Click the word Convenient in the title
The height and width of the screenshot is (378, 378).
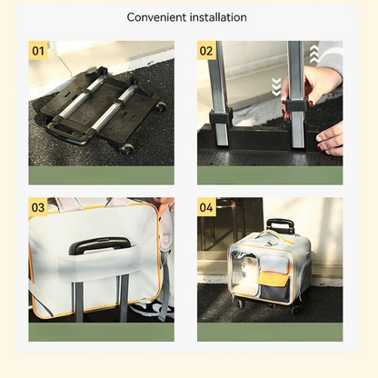pyautogui.click(x=157, y=17)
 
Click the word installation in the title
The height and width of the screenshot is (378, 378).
pyautogui.click(x=218, y=17)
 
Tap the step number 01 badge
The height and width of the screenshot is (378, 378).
pyautogui.click(x=38, y=51)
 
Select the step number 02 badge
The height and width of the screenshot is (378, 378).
pyautogui.click(x=206, y=51)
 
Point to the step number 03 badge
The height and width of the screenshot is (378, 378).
pyautogui.click(x=38, y=207)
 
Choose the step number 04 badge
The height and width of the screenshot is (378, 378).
pyautogui.click(x=206, y=207)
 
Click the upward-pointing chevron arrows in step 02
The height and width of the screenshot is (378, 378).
pyautogui.click(x=313, y=55)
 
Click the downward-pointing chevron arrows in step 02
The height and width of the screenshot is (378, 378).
pyautogui.click(x=276, y=86)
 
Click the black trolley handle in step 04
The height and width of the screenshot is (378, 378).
pyautogui.click(x=280, y=225)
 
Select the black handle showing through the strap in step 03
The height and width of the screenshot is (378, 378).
pyautogui.click(x=100, y=244)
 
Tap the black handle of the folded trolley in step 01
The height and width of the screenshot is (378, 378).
pyautogui.click(x=67, y=134)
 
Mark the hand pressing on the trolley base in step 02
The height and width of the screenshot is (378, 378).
pyautogui.click(x=330, y=139)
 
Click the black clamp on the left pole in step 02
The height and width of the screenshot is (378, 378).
pyautogui.click(x=221, y=116)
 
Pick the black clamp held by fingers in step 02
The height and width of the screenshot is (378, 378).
pyautogui.click(x=295, y=104)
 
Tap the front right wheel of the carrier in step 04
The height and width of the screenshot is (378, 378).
pyautogui.click(x=296, y=309)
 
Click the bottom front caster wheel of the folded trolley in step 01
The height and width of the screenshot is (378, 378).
pyautogui.click(x=127, y=149)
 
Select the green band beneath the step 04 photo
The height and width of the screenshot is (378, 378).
pyautogui.click(x=270, y=332)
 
